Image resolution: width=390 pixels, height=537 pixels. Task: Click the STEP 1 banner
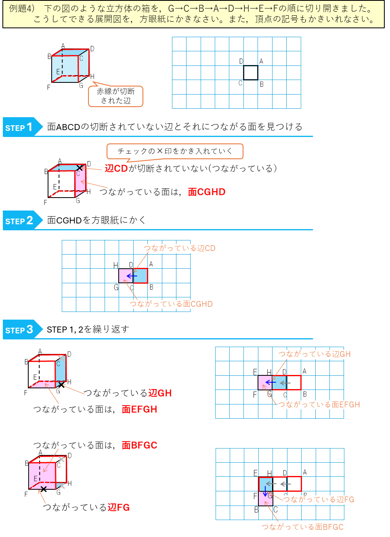click(x=22, y=127)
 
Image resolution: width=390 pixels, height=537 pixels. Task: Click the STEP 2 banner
click(x=22, y=221)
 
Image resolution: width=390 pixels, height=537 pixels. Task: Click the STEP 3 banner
click(x=22, y=329)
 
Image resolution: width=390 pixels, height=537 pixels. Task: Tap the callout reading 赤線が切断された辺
click(x=116, y=96)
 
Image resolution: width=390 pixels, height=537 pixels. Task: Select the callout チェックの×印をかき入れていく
click(x=175, y=151)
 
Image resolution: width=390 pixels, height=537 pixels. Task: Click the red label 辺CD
click(x=116, y=168)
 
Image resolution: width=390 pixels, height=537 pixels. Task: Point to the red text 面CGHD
click(x=206, y=192)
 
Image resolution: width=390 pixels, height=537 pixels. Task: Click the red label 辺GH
click(x=160, y=393)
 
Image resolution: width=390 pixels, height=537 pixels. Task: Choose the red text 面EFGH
click(x=139, y=409)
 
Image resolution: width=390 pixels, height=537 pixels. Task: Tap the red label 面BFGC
click(x=139, y=445)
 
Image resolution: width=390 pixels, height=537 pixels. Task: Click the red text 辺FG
click(x=119, y=508)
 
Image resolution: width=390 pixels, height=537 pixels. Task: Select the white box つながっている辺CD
click(x=185, y=248)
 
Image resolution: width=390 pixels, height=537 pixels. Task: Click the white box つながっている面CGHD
click(x=177, y=304)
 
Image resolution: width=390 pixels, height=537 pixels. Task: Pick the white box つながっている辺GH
click(x=320, y=354)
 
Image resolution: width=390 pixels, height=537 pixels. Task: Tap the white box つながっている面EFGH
click(x=331, y=405)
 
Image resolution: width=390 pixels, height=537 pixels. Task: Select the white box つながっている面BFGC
click(x=315, y=527)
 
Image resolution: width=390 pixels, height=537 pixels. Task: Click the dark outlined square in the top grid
click(x=250, y=73)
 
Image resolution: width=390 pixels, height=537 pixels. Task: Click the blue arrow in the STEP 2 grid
click(x=132, y=276)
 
